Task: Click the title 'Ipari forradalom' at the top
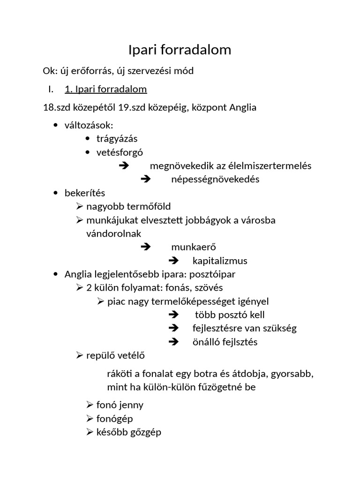tap(180, 50)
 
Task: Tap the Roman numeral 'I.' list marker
tap(51, 89)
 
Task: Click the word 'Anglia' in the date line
tap(243, 107)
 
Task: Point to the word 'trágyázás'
tap(117, 139)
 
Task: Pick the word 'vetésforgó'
tap(120, 152)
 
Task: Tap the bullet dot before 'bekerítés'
tap(56, 193)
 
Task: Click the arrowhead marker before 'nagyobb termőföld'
tap(79, 206)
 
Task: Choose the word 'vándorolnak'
tap(113, 233)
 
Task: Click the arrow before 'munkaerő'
tap(145, 247)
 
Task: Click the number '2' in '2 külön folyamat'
tap(89, 287)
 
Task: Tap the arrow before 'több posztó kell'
tap(173, 315)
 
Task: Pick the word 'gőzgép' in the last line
tap(146, 432)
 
